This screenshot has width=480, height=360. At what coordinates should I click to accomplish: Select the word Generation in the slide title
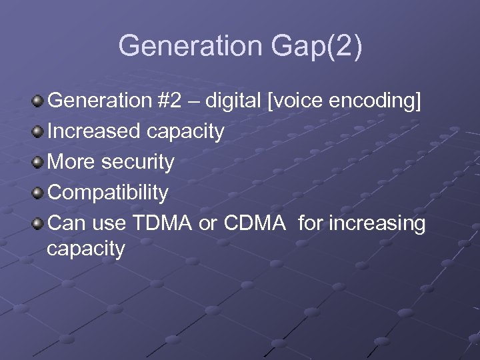coord(191,46)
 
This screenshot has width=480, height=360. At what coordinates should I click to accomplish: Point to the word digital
coord(233,101)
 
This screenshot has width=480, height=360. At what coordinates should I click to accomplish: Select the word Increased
coord(94,131)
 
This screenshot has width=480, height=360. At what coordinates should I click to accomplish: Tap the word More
coord(71,162)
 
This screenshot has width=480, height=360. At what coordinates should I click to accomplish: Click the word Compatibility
coord(109,193)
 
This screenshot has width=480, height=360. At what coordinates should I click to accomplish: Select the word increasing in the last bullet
coord(375,224)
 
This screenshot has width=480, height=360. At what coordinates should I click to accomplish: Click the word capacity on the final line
coord(86,250)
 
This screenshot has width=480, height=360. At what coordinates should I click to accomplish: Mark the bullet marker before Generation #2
coord(39,101)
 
